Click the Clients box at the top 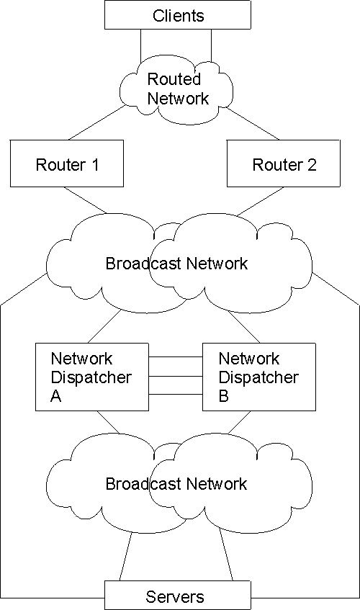[178, 15]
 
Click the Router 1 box [67, 164]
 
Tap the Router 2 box [284, 164]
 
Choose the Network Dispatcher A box [91, 377]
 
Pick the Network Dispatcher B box [258, 377]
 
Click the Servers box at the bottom [177, 596]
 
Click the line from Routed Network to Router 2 [255, 125]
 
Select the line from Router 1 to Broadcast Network [86, 200]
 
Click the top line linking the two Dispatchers [176, 358]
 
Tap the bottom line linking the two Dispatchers [176, 395]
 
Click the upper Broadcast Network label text [176, 264]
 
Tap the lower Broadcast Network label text [176, 483]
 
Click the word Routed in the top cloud [174, 79]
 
